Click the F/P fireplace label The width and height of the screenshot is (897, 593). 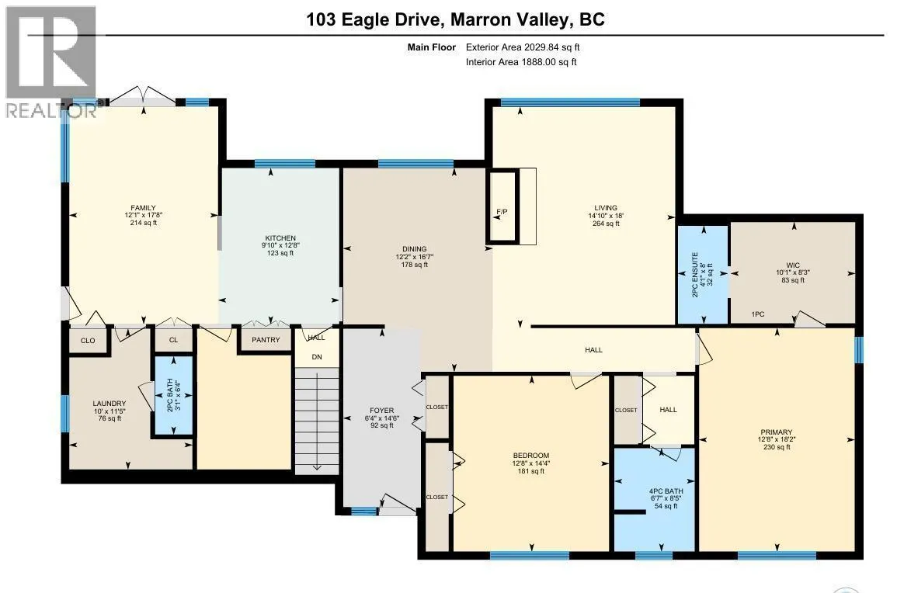click(502, 212)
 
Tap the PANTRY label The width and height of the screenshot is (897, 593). click(266, 340)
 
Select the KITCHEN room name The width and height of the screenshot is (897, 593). click(280, 238)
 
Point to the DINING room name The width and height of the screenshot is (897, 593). click(414, 248)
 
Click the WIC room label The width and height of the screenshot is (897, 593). click(793, 265)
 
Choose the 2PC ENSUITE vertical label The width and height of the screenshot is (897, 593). click(695, 275)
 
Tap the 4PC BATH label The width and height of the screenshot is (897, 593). click(666, 491)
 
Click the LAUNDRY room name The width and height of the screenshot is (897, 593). click(110, 403)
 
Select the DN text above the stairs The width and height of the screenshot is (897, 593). click(317, 357)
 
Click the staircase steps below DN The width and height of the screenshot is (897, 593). click(317, 421)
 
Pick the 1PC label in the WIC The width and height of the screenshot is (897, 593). click(758, 314)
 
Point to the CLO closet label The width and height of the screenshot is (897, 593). click(88, 341)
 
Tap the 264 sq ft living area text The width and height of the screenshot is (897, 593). click(606, 224)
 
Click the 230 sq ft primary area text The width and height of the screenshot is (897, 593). click(777, 447)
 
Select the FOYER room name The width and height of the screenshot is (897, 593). click(381, 410)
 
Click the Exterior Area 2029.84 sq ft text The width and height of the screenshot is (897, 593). click(523, 47)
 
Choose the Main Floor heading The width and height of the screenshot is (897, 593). click(431, 47)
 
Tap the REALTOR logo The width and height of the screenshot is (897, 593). click(51, 62)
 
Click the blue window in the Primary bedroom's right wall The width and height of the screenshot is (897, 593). click(859, 350)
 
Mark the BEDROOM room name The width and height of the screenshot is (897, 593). click(531, 456)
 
